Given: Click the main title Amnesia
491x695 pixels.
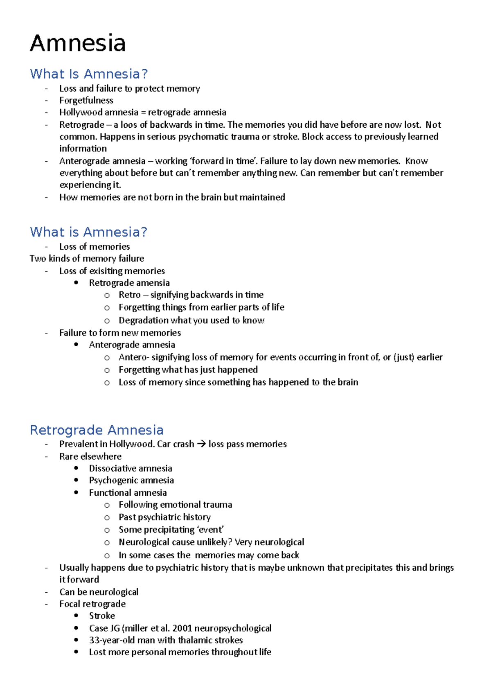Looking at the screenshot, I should [x=78, y=43].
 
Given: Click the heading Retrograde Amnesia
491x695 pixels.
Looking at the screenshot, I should [x=97, y=430].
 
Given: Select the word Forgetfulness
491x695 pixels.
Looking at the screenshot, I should [x=86, y=100].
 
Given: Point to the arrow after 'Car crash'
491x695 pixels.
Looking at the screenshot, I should [x=201, y=444].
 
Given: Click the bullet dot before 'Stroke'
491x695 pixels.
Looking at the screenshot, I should [x=77, y=616].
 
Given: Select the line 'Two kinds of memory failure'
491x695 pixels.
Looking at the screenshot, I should [x=87, y=259].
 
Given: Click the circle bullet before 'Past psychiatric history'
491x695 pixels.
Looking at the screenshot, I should [x=107, y=518].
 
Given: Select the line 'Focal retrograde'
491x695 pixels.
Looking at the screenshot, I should [x=92, y=604].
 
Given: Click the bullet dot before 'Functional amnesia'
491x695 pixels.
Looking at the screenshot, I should [x=77, y=492].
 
